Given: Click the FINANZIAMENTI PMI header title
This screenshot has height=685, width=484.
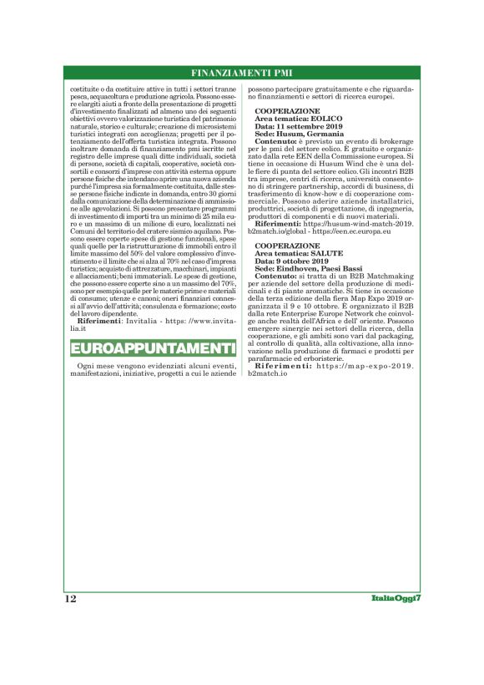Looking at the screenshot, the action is (x=241, y=72).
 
